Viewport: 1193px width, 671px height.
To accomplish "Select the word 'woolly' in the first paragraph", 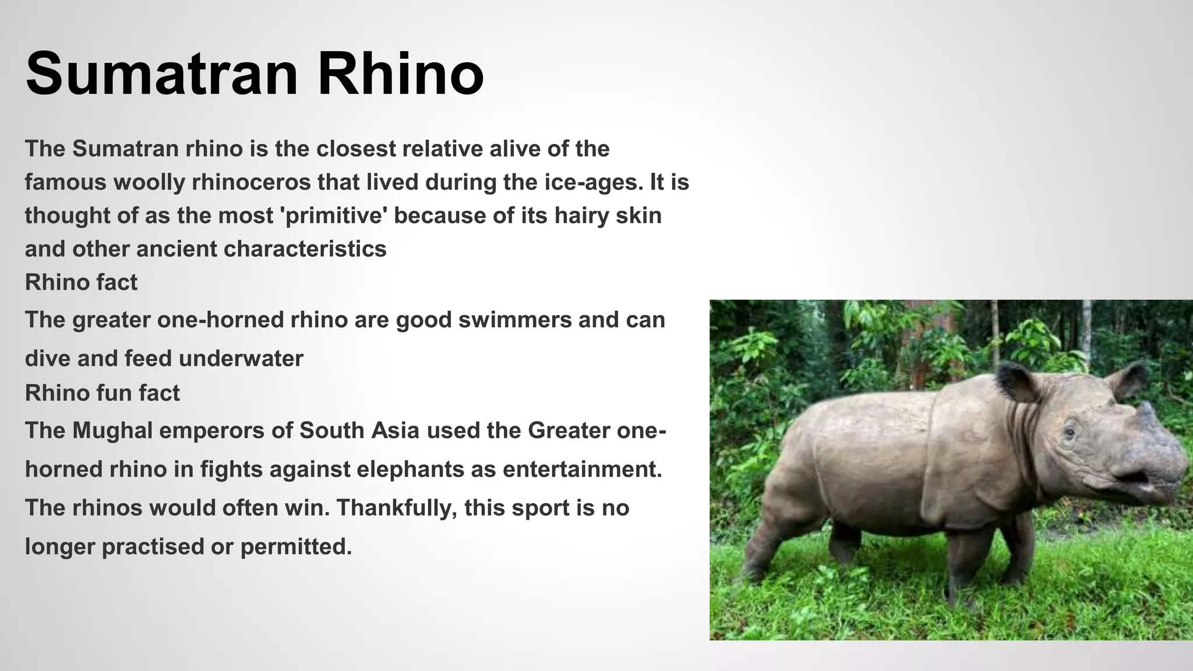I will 148,182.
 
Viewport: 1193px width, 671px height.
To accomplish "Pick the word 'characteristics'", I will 305,249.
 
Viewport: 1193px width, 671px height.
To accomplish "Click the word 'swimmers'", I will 515,320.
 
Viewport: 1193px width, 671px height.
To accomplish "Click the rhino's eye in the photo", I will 1070,433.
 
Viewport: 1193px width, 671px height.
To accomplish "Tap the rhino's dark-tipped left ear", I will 1014,382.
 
